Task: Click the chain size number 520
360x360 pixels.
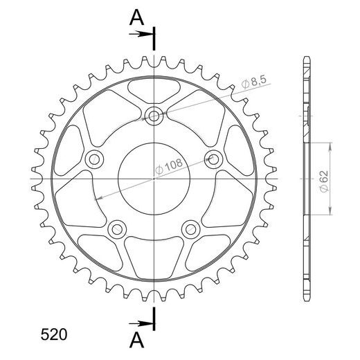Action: [x=54, y=335]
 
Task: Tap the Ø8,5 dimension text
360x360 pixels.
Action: [x=254, y=82]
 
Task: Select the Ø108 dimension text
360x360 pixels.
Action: [x=169, y=165]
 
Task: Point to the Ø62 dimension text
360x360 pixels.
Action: [x=324, y=181]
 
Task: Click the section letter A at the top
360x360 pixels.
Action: [x=136, y=18]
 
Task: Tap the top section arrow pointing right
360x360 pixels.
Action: [x=141, y=35]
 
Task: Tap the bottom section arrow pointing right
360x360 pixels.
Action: [x=141, y=324]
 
